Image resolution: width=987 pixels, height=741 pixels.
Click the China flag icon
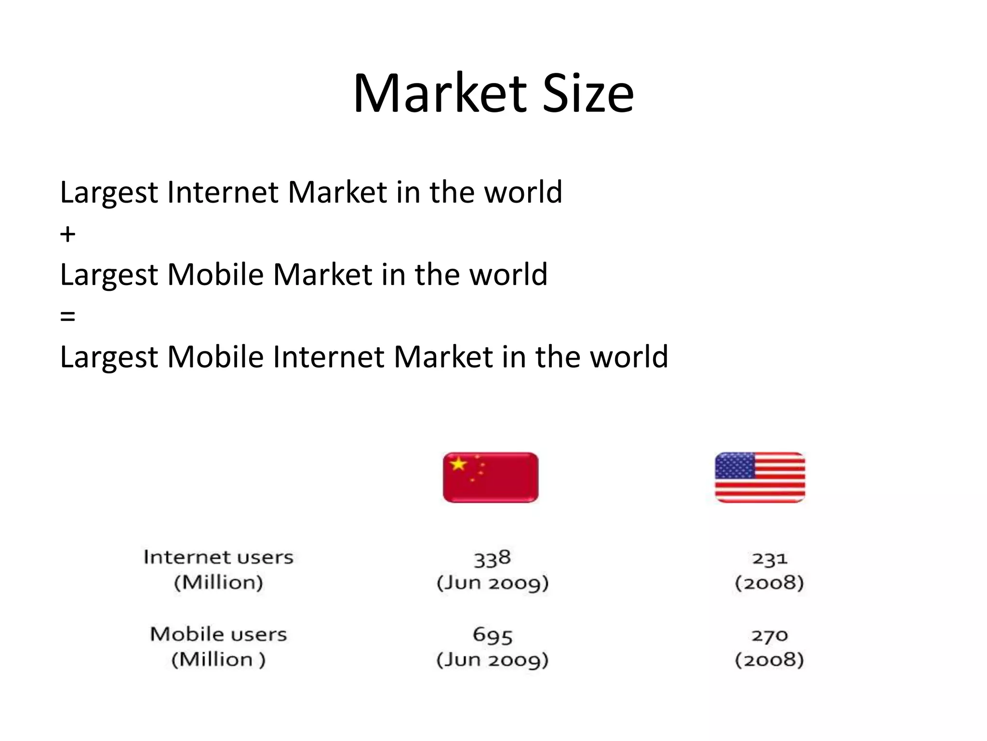pyautogui.click(x=491, y=477)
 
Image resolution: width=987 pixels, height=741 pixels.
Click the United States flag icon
pyautogui.click(x=760, y=477)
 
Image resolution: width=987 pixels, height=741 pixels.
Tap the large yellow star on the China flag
pyautogui.click(x=458, y=464)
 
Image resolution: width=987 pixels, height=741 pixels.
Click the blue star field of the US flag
pyautogui.click(x=734, y=466)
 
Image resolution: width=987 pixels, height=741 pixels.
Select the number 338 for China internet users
pyautogui.click(x=492, y=558)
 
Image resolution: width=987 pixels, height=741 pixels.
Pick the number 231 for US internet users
pyautogui.click(x=769, y=558)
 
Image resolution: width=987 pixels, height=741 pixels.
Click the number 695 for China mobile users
pyautogui.click(x=492, y=635)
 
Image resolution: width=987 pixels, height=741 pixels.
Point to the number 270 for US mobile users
pyautogui.click(x=769, y=635)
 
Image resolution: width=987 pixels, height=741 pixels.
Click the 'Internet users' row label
pyautogui.click(x=218, y=557)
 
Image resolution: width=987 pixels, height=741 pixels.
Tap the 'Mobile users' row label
pyautogui.click(x=218, y=634)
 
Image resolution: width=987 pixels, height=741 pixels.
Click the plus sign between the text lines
pyautogui.click(x=67, y=234)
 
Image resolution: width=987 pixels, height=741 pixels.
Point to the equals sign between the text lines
pyautogui.click(x=67, y=316)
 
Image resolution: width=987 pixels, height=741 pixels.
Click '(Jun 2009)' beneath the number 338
pyautogui.click(x=492, y=583)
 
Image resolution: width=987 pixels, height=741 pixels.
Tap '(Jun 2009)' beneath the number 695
pyautogui.click(x=492, y=659)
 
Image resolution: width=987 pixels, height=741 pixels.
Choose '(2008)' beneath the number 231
pyautogui.click(x=769, y=583)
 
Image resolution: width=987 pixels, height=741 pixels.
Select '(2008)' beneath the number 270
pyautogui.click(x=769, y=659)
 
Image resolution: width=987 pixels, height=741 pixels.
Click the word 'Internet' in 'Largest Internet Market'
pyautogui.click(x=223, y=192)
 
